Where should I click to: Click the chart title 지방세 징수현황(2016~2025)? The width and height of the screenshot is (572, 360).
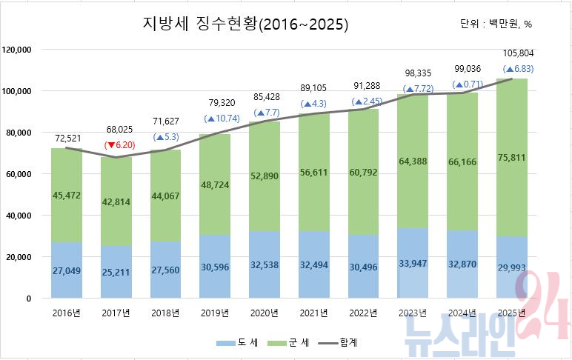tap(245, 24)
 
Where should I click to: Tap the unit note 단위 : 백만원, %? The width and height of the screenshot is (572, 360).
tap(496, 24)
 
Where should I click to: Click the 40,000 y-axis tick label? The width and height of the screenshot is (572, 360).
tap(19, 216)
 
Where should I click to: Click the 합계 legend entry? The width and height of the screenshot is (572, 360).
tap(339, 342)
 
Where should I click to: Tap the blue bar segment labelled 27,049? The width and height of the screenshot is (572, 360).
tap(66, 271)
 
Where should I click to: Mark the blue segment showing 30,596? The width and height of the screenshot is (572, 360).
tap(216, 267)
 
